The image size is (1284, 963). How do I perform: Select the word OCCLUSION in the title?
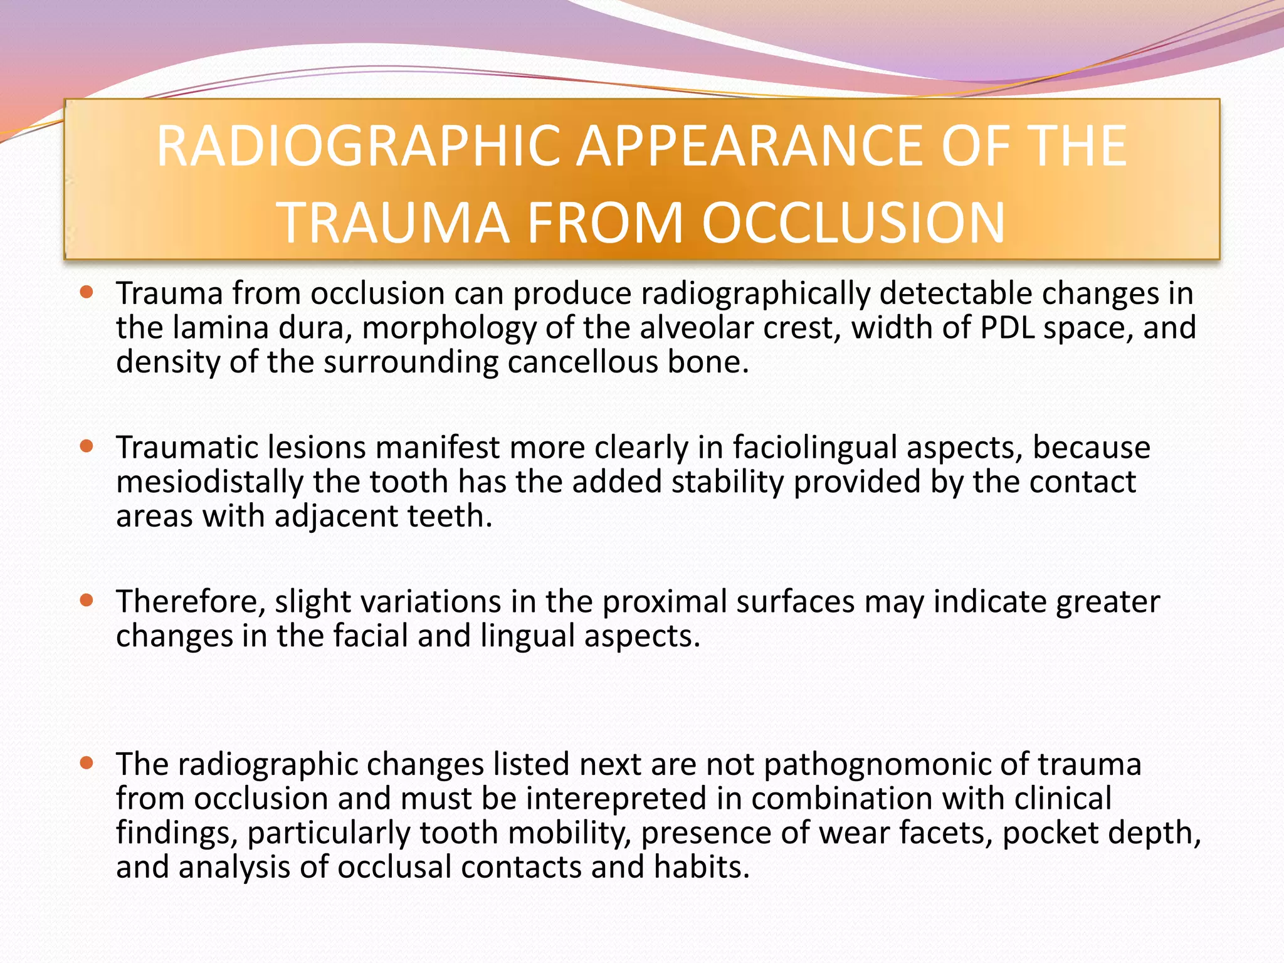(x=853, y=223)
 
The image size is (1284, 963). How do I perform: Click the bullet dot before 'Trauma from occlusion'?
(x=87, y=292)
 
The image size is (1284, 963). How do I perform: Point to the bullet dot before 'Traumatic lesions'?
(x=87, y=446)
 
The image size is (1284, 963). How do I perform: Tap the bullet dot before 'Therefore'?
(x=87, y=601)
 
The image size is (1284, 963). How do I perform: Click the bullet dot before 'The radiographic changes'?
(x=87, y=763)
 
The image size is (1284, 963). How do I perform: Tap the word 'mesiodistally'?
(x=210, y=482)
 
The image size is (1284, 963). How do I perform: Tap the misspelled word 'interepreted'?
(x=617, y=799)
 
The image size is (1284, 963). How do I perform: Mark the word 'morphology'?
(x=449, y=328)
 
